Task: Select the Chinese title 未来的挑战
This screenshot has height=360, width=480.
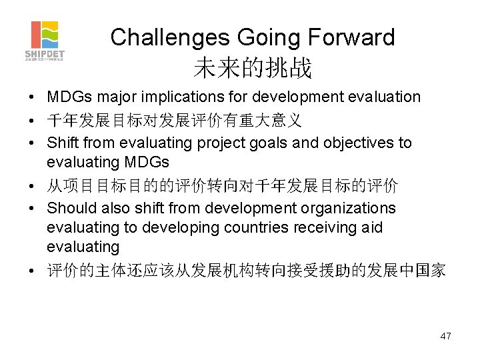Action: pos(253,67)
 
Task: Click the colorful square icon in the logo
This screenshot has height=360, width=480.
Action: pos(45,35)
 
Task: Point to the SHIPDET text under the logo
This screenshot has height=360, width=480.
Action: pos(45,53)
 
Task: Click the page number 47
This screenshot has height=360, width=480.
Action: pos(445,336)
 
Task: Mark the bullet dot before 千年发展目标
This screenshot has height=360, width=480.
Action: pos(32,121)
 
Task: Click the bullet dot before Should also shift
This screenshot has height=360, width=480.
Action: pos(32,209)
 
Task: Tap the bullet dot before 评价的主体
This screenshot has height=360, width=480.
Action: pos(32,271)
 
